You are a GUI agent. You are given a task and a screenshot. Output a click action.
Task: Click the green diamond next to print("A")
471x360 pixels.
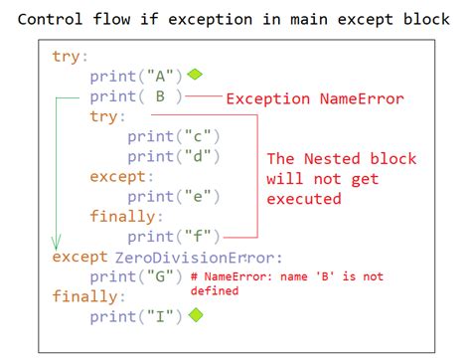tap(195, 75)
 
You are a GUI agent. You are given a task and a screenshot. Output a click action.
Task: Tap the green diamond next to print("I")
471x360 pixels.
tap(196, 315)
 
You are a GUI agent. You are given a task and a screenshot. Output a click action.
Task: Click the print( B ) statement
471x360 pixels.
tap(135, 96)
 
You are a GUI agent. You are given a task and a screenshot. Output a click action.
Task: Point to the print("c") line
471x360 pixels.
tap(174, 136)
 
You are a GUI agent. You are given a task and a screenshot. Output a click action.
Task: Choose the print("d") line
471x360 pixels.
tap(174, 156)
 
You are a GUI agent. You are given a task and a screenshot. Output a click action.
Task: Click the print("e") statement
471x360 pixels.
tap(174, 196)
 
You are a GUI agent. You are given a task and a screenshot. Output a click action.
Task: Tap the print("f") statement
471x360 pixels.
tap(174, 237)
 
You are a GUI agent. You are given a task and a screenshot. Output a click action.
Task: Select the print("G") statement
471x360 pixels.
tap(135, 275)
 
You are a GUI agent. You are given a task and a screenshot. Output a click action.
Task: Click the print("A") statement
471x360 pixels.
tap(135, 76)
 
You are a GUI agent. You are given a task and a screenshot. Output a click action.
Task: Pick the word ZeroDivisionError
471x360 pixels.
tap(199, 257)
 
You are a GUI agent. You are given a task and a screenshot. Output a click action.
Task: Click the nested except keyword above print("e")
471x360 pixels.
tap(121, 176)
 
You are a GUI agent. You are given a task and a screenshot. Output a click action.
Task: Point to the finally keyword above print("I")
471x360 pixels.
tap(88, 295)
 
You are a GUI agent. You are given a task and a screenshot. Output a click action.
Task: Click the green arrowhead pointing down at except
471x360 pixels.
tap(57, 242)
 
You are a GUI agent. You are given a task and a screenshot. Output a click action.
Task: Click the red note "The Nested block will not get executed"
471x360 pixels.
tap(341, 179)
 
